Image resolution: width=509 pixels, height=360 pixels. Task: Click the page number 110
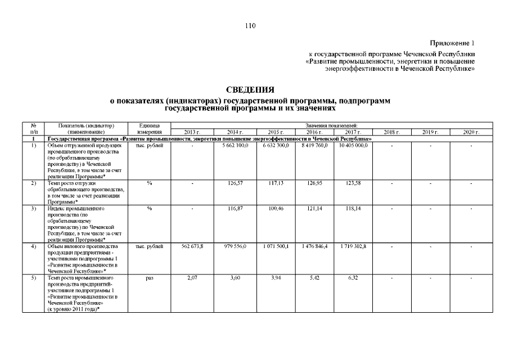point(250,25)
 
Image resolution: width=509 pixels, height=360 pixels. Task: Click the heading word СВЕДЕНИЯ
point(250,90)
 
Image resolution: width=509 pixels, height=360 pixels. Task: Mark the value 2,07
point(192,277)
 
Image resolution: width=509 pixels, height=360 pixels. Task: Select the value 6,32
point(353,277)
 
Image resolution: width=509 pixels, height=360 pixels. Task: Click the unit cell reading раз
point(149,277)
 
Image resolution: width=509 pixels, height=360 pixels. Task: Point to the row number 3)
point(34,209)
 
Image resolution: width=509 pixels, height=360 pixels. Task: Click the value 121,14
point(313,209)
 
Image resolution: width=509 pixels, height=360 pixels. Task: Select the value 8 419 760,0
point(313,146)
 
